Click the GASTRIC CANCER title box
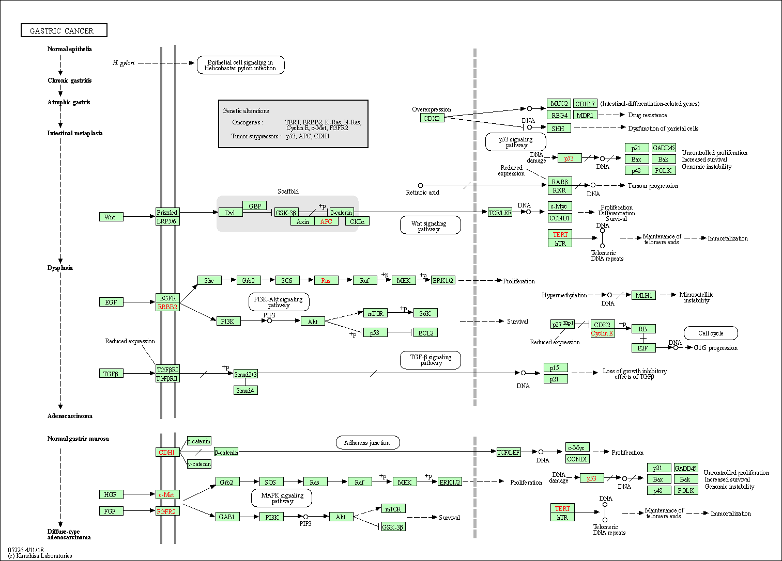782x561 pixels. coord(64,30)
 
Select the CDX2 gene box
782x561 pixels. coord(432,118)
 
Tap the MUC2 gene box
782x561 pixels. coord(559,104)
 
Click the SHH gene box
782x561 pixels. coord(558,129)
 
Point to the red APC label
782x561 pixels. coord(326,221)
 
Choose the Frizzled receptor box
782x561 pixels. coord(167,212)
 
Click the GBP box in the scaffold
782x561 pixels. coord(255,206)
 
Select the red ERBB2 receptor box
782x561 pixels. coord(167,307)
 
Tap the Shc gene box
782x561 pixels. coord(209,281)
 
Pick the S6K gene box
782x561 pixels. coord(425,313)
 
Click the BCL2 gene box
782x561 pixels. coord(426,333)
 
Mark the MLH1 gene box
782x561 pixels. coord(643,295)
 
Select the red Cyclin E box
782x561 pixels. coord(602,333)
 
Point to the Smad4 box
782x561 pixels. coord(245,391)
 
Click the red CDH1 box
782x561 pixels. coord(166,453)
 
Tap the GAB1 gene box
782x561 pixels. coord(226,517)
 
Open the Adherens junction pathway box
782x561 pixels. coord(367,443)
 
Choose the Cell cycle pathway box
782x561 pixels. coord(711,333)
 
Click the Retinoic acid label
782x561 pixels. coord(422,193)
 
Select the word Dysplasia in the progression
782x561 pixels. coord(60,268)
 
